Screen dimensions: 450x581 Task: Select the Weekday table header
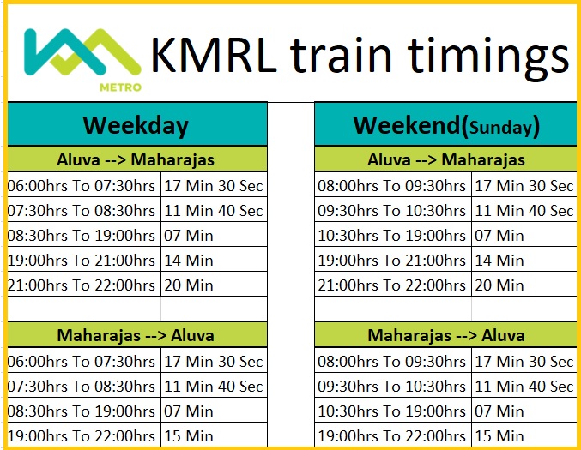[x=136, y=125]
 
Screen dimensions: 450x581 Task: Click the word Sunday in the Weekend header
[x=501, y=129]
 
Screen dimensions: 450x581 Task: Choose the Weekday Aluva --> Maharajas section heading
[x=136, y=159]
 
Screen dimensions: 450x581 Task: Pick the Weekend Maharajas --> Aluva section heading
[x=445, y=335]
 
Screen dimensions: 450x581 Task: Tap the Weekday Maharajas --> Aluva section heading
[x=136, y=335]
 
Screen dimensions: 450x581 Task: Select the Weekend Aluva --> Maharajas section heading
[x=445, y=159]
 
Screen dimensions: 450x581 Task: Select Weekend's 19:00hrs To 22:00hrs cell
[x=392, y=435]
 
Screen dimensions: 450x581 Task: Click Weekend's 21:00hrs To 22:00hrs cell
[x=392, y=285]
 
